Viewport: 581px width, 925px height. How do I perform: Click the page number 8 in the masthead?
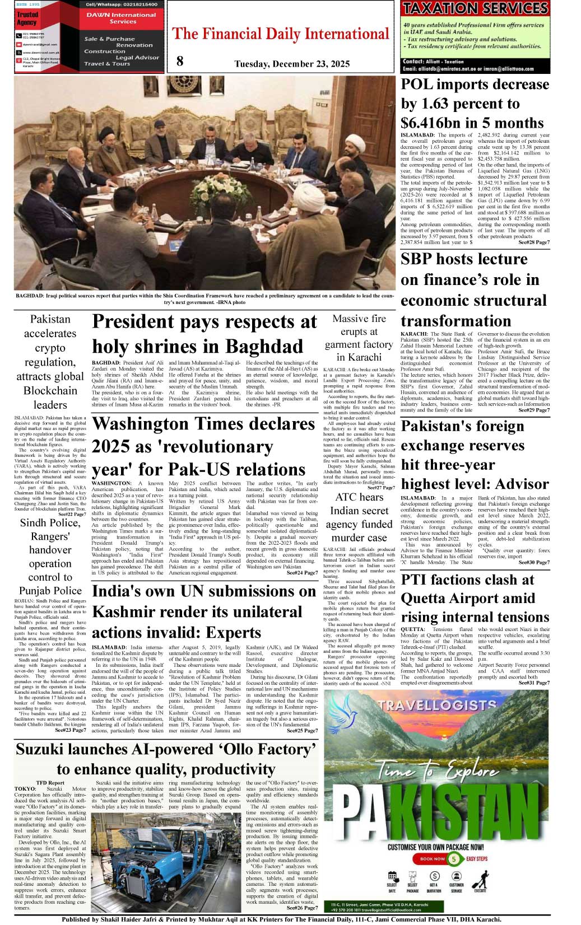tap(179, 61)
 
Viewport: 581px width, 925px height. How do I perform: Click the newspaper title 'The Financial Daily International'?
tap(280, 34)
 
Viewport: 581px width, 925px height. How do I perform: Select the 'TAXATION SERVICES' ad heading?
tap(475, 8)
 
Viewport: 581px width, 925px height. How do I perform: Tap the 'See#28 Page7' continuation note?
tap(533, 242)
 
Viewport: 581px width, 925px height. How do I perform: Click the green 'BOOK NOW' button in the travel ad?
tap(433, 858)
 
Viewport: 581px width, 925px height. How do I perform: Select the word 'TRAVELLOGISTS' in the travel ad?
tap(437, 706)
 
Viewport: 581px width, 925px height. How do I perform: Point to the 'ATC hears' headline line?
tap(359, 497)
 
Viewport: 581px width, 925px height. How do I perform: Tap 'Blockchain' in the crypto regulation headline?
tap(50, 391)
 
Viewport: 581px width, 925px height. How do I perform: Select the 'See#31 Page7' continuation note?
tap(533, 683)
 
